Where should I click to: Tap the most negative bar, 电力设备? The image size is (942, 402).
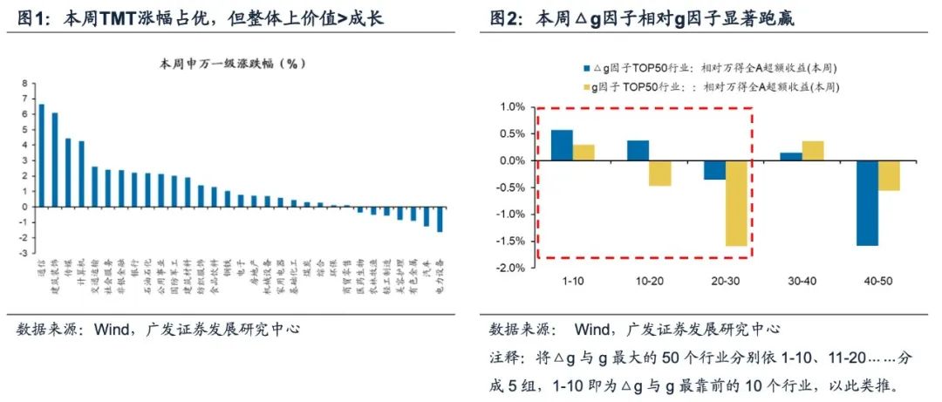(x=440, y=219)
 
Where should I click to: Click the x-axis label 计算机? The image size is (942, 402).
(x=81, y=270)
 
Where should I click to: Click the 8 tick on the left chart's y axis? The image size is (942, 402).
(x=26, y=82)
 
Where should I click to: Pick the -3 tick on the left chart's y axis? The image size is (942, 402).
(x=24, y=254)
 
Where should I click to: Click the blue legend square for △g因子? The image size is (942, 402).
(x=586, y=67)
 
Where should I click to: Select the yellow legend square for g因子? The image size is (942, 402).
(x=586, y=86)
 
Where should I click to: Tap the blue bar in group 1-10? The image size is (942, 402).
(x=562, y=145)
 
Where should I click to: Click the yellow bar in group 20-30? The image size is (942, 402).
(x=737, y=203)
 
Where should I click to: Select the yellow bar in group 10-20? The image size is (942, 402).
(x=660, y=174)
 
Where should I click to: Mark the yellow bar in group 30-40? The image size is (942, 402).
(x=812, y=151)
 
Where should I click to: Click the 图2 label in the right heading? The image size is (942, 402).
(x=505, y=18)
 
